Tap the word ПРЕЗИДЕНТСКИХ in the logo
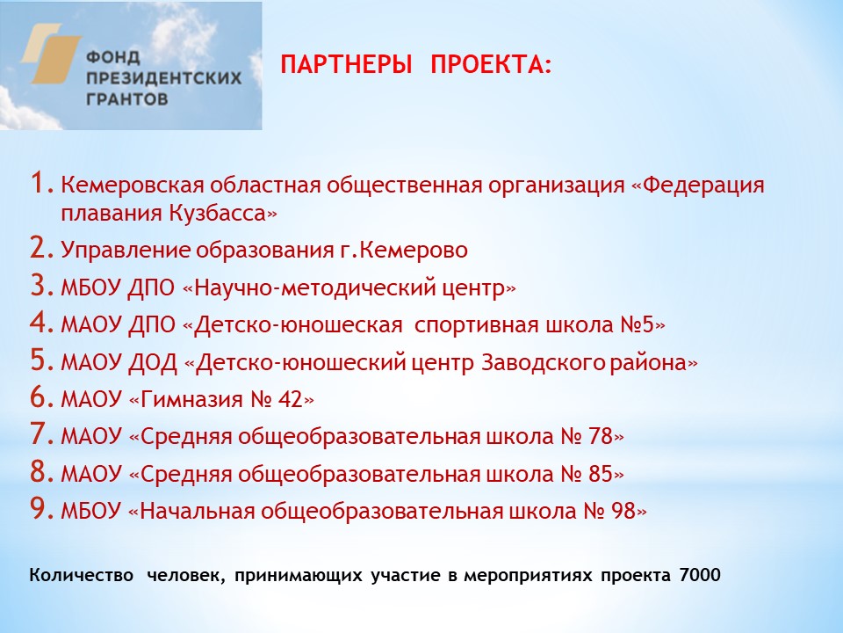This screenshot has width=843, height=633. [x=163, y=77]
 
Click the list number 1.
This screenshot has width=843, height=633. [x=40, y=185]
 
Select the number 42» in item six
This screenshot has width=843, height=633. [x=294, y=400]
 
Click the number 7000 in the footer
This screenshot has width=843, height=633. [x=700, y=577]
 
